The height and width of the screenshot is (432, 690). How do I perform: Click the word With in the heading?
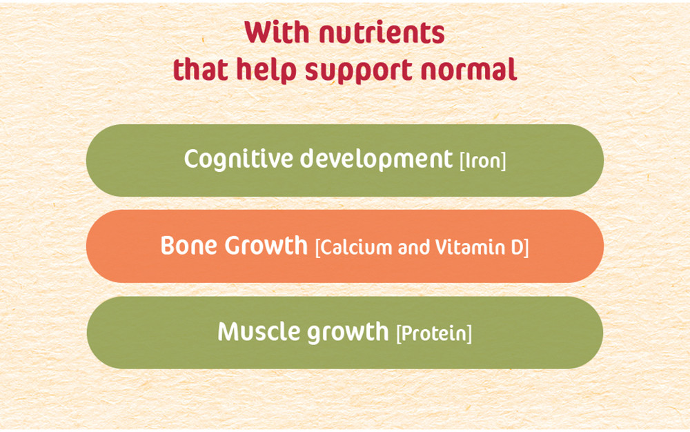(277, 32)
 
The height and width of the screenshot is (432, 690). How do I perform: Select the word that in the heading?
(200, 70)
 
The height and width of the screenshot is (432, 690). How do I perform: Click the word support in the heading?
(358, 72)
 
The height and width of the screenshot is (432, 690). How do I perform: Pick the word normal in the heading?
(469, 70)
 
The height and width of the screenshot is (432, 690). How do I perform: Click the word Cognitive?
(239, 159)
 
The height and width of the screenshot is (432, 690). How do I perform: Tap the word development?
(376, 159)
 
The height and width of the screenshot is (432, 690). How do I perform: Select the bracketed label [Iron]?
(483, 161)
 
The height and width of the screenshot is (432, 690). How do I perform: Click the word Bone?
(189, 246)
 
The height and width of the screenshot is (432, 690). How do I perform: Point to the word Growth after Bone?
(266, 246)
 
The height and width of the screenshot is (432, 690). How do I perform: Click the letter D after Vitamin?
(517, 248)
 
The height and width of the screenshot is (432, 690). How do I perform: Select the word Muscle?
(259, 331)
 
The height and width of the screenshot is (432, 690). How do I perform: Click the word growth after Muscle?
(348, 333)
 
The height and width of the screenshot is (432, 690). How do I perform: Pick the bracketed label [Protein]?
(434, 333)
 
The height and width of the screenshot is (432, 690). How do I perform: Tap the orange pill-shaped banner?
(345, 246)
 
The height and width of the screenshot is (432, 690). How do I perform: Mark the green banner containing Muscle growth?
(345, 333)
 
